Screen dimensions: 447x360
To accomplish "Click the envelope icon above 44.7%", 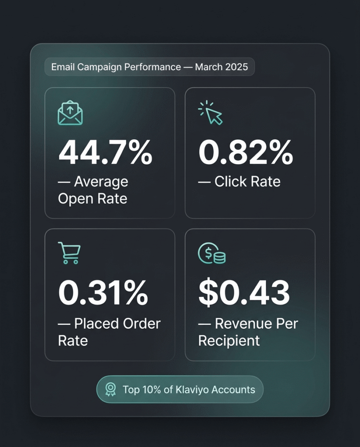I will pos(70,113).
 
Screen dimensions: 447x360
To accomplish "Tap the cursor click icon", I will pos(210,113).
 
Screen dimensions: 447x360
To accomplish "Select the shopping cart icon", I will pos(69,254).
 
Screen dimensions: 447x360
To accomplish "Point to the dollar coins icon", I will pos(212,254).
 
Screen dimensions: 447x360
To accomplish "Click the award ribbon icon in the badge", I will pos(111,389).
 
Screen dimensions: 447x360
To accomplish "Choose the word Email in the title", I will pos(62,67).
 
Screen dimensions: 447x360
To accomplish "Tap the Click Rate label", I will pos(247,182).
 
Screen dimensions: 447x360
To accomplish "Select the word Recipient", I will pos(229,340).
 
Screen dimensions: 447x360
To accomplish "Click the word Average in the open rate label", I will pos(101,182).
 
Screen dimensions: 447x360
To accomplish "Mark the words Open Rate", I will pos(93,199).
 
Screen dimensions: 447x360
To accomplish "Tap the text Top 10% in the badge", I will pos(139,389).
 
